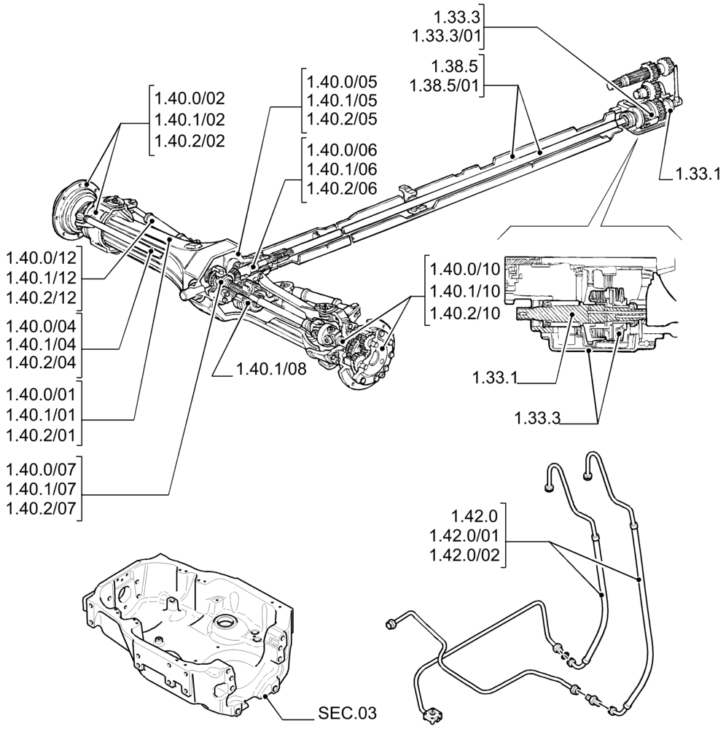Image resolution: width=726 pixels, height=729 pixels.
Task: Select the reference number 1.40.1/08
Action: pyautogui.click(x=270, y=370)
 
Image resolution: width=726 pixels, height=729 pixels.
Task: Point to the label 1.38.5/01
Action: pyautogui.click(x=444, y=85)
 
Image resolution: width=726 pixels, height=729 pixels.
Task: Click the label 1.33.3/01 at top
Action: pyautogui.click(x=444, y=36)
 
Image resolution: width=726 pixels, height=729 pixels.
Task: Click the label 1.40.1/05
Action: pyautogui.click(x=342, y=100)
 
